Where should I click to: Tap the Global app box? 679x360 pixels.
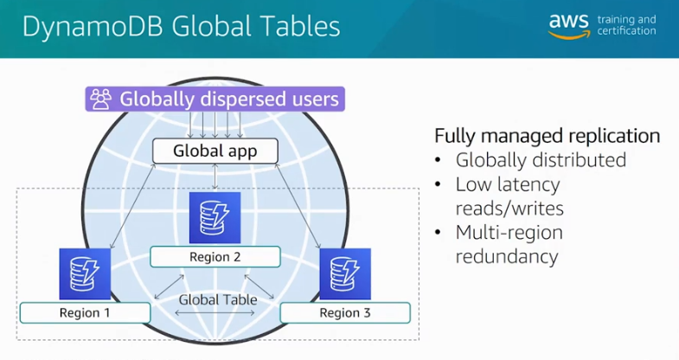coord(215,151)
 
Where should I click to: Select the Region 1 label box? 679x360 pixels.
coord(85,312)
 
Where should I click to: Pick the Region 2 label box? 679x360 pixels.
coord(215,257)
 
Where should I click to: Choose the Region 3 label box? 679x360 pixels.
coord(345,312)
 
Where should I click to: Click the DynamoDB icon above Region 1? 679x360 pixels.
coord(85,273)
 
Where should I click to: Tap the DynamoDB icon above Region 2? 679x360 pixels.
coord(215,218)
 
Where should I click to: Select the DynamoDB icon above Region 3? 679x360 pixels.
coord(345,273)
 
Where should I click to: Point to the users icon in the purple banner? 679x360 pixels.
coord(101,99)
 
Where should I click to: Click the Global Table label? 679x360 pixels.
coord(217,299)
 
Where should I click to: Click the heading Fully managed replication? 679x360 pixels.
coord(547,136)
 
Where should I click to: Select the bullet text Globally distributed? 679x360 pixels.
coord(541,160)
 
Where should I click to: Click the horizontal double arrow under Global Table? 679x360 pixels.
coord(215,312)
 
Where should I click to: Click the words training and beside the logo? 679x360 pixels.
coord(626,19)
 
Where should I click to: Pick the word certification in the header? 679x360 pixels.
coord(626,31)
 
